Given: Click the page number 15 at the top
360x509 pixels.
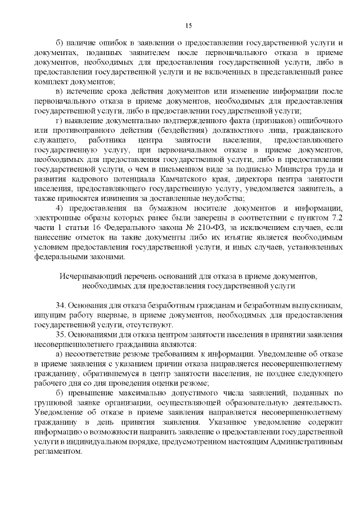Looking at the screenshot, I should (x=188, y=25).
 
